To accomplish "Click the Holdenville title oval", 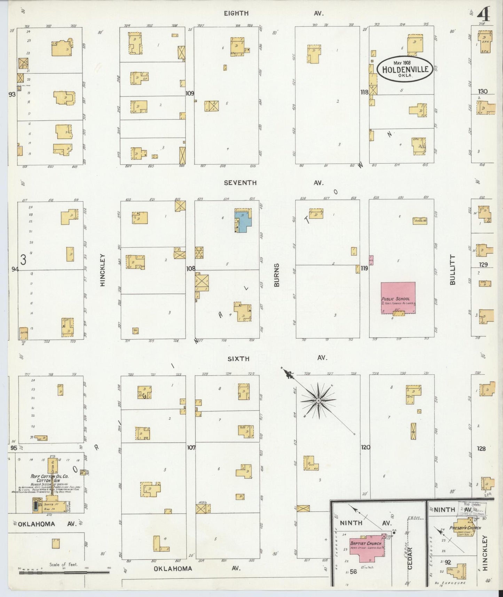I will [405, 69].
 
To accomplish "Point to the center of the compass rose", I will [318, 401].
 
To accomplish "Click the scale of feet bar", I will [64, 572].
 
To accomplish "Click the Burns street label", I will [277, 275].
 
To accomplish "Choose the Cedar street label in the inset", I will [410, 559].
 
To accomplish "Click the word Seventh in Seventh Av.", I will [240, 183].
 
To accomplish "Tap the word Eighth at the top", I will [236, 14].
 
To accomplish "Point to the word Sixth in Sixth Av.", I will [238, 359].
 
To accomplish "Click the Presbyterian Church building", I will [465, 530].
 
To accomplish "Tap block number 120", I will [366, 447].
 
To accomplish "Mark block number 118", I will [364, 92].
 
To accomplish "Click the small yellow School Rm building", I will [420, 220].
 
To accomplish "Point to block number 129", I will [483, 265].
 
